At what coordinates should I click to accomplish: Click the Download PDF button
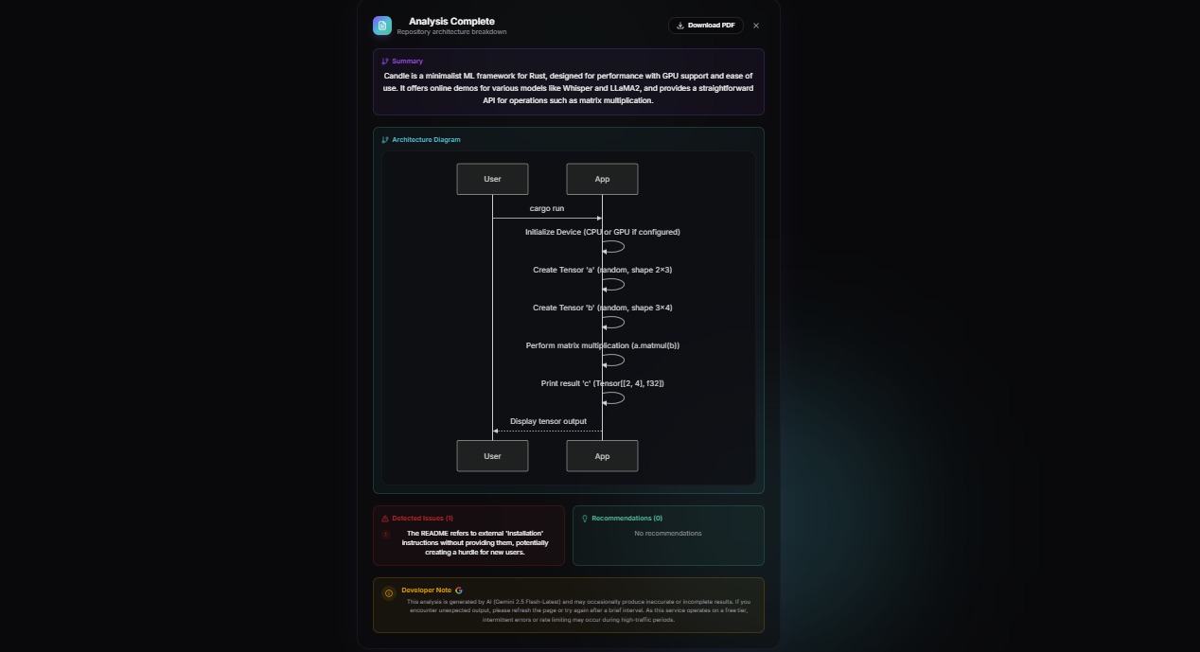point(705,26)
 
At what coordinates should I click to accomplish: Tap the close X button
point(756,26)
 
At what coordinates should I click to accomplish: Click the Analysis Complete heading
point(451,21)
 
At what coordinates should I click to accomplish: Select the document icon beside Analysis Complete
point(382,26)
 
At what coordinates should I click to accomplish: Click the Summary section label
point(407,62)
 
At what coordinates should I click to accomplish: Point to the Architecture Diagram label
point(426,140)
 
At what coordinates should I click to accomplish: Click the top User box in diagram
point(492,179)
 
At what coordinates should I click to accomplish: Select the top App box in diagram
point(602,179)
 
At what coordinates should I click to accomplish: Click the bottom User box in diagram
point(492,456)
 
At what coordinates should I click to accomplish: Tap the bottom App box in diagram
point(602,456)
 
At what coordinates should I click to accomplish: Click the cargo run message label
point(547,208)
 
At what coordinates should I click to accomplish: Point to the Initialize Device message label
point(602,232)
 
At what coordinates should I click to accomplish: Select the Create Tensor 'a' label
point(602,270)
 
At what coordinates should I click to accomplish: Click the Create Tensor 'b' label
point(602,308)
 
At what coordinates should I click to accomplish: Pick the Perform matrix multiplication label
point(602,345)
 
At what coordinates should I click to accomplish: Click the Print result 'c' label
point(602,383)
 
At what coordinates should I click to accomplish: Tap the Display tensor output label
point(548,421)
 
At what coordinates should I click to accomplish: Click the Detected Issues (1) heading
point(422,519)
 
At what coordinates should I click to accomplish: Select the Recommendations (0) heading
point(626,519)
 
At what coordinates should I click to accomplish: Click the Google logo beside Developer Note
point(459,590)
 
